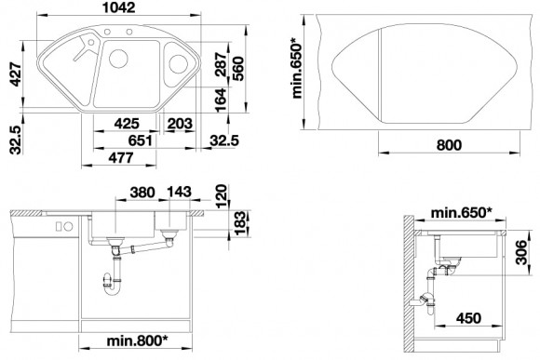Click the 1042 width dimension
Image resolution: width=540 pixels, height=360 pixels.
coord(119,7)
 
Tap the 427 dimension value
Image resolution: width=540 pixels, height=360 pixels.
coord(15,74)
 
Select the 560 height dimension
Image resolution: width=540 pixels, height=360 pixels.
coord(238,69)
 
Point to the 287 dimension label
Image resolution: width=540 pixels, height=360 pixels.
coord(221,64)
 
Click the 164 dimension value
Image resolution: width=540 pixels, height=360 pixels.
coord(221,100)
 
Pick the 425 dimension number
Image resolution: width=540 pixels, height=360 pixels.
coord(127,124)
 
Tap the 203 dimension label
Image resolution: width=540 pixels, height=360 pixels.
coord(180,124)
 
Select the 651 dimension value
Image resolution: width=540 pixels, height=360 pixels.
coord(140,140)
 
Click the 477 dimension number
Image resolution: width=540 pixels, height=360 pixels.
coord(120,157)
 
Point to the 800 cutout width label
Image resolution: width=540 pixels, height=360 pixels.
coord(449,145)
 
